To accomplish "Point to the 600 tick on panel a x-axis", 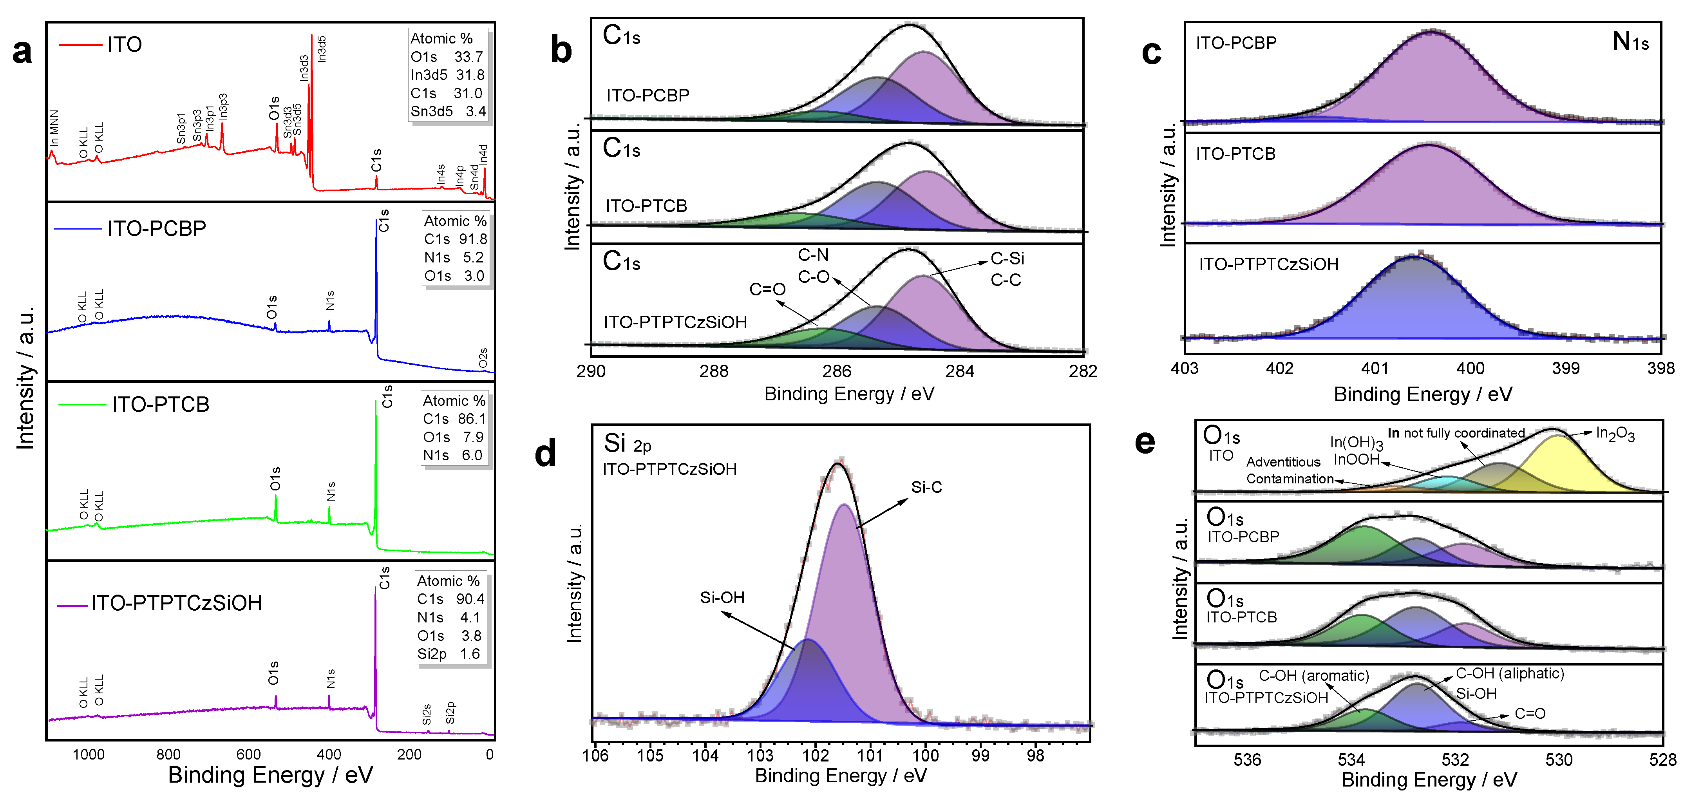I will click(248, 754).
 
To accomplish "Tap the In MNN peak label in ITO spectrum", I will click(54, 128).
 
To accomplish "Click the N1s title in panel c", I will click(1630, 42).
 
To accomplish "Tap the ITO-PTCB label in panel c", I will click(1235, 154).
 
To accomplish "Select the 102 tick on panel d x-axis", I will click(816, 756).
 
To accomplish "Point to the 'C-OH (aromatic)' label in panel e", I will click(1313, 676).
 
